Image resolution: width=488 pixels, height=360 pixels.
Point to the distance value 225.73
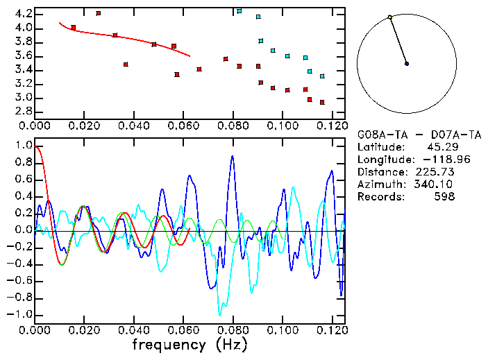(x=433, y=171)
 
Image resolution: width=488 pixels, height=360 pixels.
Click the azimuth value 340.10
(x=433, y=184)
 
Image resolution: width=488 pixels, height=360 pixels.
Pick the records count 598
(x=444, y=196)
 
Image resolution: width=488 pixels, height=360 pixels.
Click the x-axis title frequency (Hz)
(x=190, y=344)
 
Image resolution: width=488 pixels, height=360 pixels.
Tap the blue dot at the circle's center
(x=407, y=63)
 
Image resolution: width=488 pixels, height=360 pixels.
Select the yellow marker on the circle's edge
(x=390, y=17)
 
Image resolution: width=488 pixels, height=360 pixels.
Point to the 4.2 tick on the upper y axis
(x=23, y=14)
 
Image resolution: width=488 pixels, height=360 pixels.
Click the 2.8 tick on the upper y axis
(x=23, y=111)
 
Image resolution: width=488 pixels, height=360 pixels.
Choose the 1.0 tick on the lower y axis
(x=23, y=146)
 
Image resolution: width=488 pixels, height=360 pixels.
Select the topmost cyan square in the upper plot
(x=239, y=11)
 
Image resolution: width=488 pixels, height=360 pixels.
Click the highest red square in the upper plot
(x=98, y=13)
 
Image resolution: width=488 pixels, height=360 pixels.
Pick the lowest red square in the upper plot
(x=322, y=102)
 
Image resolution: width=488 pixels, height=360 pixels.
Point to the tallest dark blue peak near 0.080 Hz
(x=233, y=156)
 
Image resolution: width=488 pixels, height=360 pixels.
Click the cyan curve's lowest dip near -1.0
(x=220, y=314)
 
